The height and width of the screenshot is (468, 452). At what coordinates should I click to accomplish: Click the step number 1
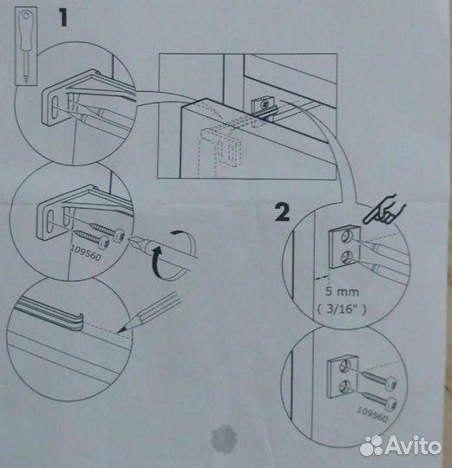point(62,17)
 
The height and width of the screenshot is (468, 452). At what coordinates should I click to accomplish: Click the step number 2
point(282,212)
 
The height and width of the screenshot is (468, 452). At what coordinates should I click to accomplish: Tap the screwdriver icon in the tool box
point(26,47)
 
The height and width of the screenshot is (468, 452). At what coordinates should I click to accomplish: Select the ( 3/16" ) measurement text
point(342,309)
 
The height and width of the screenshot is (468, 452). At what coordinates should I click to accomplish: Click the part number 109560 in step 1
point(86,254)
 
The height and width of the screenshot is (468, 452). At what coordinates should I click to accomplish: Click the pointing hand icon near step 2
point(383,211)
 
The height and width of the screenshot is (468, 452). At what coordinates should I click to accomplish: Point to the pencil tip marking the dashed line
point(120,331)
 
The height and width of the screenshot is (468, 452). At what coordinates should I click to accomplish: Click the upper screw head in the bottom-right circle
point(390,383)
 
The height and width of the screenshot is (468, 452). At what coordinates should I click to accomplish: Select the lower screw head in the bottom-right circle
point(391,404)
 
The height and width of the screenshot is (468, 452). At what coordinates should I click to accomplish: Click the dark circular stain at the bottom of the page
point(222,439)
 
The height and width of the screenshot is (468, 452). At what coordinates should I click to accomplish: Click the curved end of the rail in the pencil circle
point(78,322)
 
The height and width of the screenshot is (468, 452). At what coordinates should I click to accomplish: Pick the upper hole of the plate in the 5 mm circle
point(347,236)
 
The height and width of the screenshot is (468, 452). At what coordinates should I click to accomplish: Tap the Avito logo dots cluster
point(371,446)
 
